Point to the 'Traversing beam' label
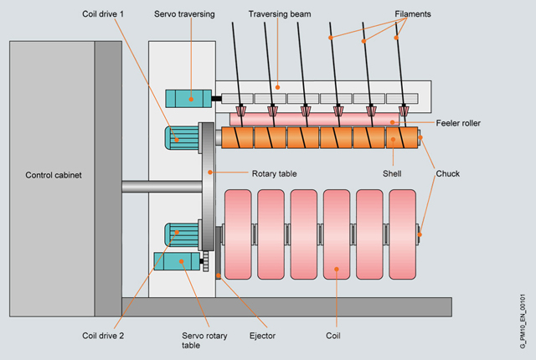[x=281, y=15]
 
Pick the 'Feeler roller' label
[x=457, y=123]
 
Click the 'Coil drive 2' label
[x=106, y=337]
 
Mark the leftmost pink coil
[x=239, y=234]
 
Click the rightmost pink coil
[x=402, y=234]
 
